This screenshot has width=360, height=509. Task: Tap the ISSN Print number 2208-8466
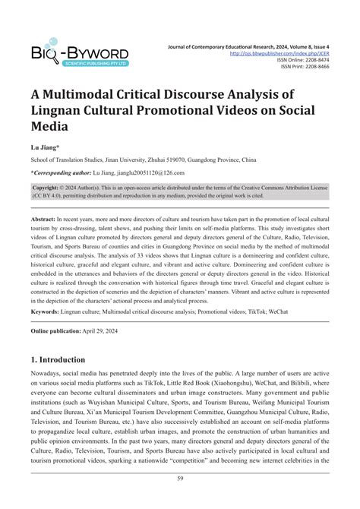(x=313, y=67)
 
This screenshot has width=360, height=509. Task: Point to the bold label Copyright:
(x=51, y=186)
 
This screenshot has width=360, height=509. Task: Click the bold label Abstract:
(x=47, y=217)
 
